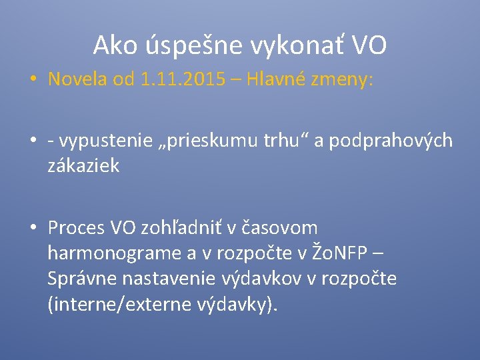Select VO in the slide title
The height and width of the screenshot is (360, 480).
pyautogui.click(x=369, y=45)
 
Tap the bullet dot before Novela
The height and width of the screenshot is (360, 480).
pyautogui.click(x=33, y=80)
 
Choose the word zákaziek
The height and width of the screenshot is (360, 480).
pyautogui.click(x=83, y=165)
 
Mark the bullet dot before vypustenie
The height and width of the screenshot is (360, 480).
pyautogui.click(x=33, y=141)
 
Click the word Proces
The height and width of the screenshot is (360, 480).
pyautogui.click(x=76, y=228)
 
